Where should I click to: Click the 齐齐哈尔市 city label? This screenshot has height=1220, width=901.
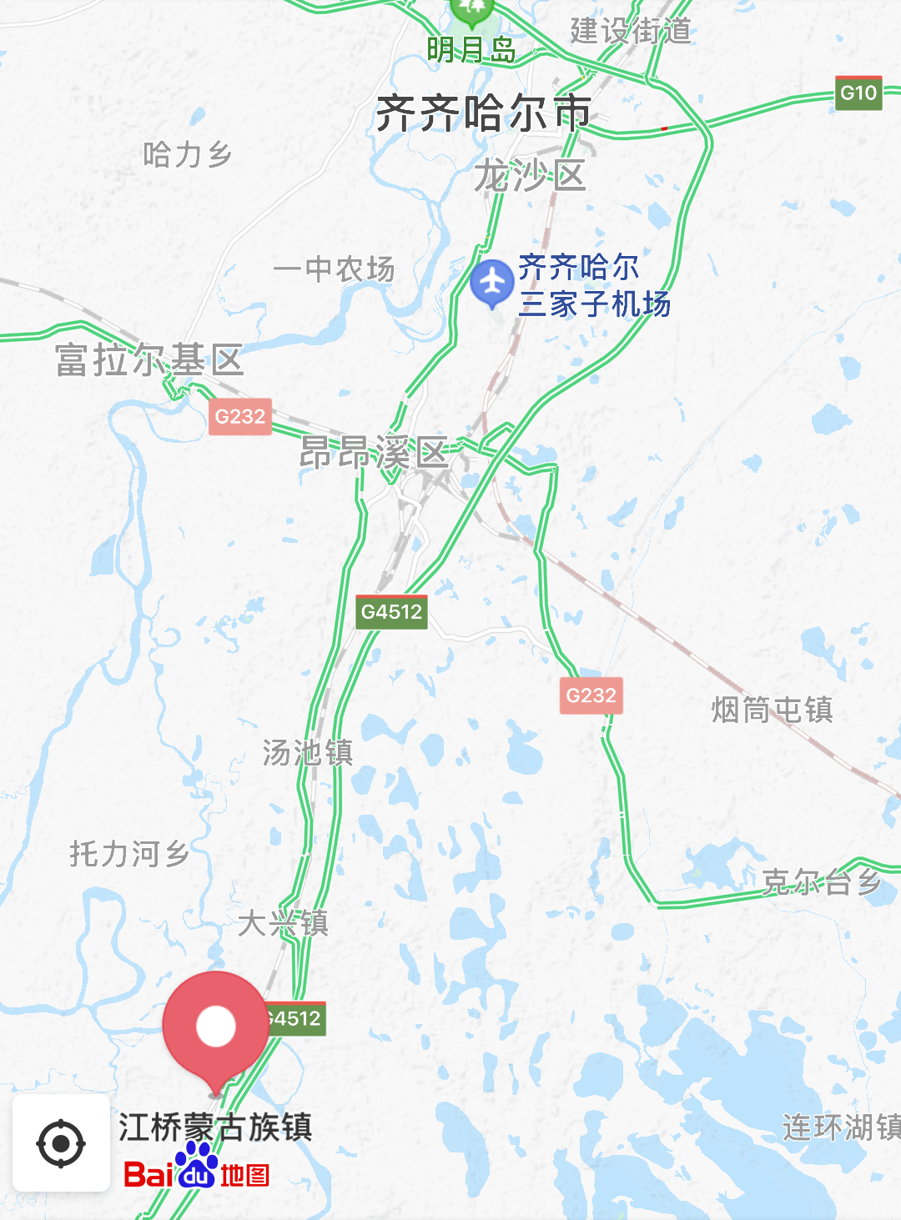(x=483, y=113)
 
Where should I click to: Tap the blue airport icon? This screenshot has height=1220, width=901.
(x=491, y=283)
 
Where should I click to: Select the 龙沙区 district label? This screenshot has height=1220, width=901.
(x=531, y=176)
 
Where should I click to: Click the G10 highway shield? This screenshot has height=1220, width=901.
(x=858, y=93)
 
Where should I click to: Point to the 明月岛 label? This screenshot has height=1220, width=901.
(x=471, y=50)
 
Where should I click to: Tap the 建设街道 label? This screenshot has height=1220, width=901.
(x=631, y=31)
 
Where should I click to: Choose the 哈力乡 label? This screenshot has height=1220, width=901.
(x=187, y=154)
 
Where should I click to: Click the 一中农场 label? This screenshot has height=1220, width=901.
(x=334, y=269)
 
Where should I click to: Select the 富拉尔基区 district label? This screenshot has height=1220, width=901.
(x=149, y=360)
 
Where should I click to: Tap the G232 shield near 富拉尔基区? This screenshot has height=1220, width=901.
(x=240, y=416)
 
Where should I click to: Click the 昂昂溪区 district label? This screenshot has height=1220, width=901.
(x=375, y=453)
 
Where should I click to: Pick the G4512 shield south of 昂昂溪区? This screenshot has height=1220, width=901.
(x=391, y=611)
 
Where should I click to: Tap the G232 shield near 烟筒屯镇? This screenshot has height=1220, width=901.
(x=591, y=695)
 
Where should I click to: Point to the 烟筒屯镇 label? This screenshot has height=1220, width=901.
(x=772, y=710)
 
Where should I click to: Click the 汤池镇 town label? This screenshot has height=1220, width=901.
(x=308, y=752)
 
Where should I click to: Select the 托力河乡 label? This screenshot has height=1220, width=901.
(x=129, y=853)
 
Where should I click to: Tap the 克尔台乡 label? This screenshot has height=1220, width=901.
(x=821, y=881)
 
